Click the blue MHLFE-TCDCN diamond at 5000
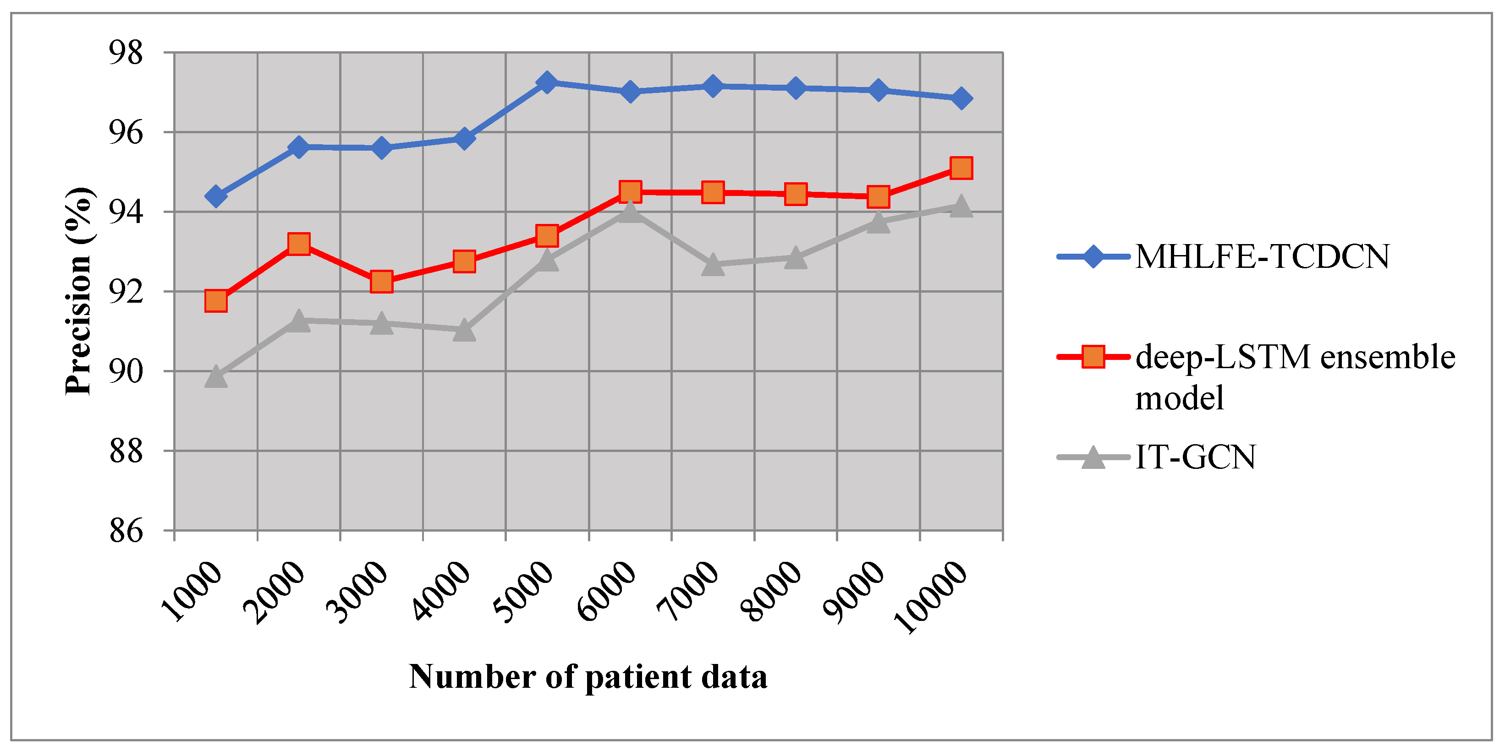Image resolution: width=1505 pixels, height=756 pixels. coord(547,82)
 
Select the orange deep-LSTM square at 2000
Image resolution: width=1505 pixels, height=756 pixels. coord(298,244)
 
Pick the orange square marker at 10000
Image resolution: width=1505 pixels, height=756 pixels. coord(961,168)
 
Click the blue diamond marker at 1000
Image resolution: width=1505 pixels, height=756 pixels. coord(215,196)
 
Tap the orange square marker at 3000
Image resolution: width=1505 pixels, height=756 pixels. coord(381,282)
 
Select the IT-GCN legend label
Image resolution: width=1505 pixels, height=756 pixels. coord(1195,457)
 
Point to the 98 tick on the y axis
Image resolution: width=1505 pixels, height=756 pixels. coord(126,53)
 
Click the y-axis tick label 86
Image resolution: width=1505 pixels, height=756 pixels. coord(126,531)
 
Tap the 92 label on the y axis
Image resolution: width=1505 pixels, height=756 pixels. coord(126,292)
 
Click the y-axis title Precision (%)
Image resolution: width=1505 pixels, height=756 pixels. coord(78,291)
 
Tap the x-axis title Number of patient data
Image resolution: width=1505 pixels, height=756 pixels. coord(588,677)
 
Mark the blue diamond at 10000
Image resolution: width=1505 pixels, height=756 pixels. coord(961,98)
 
